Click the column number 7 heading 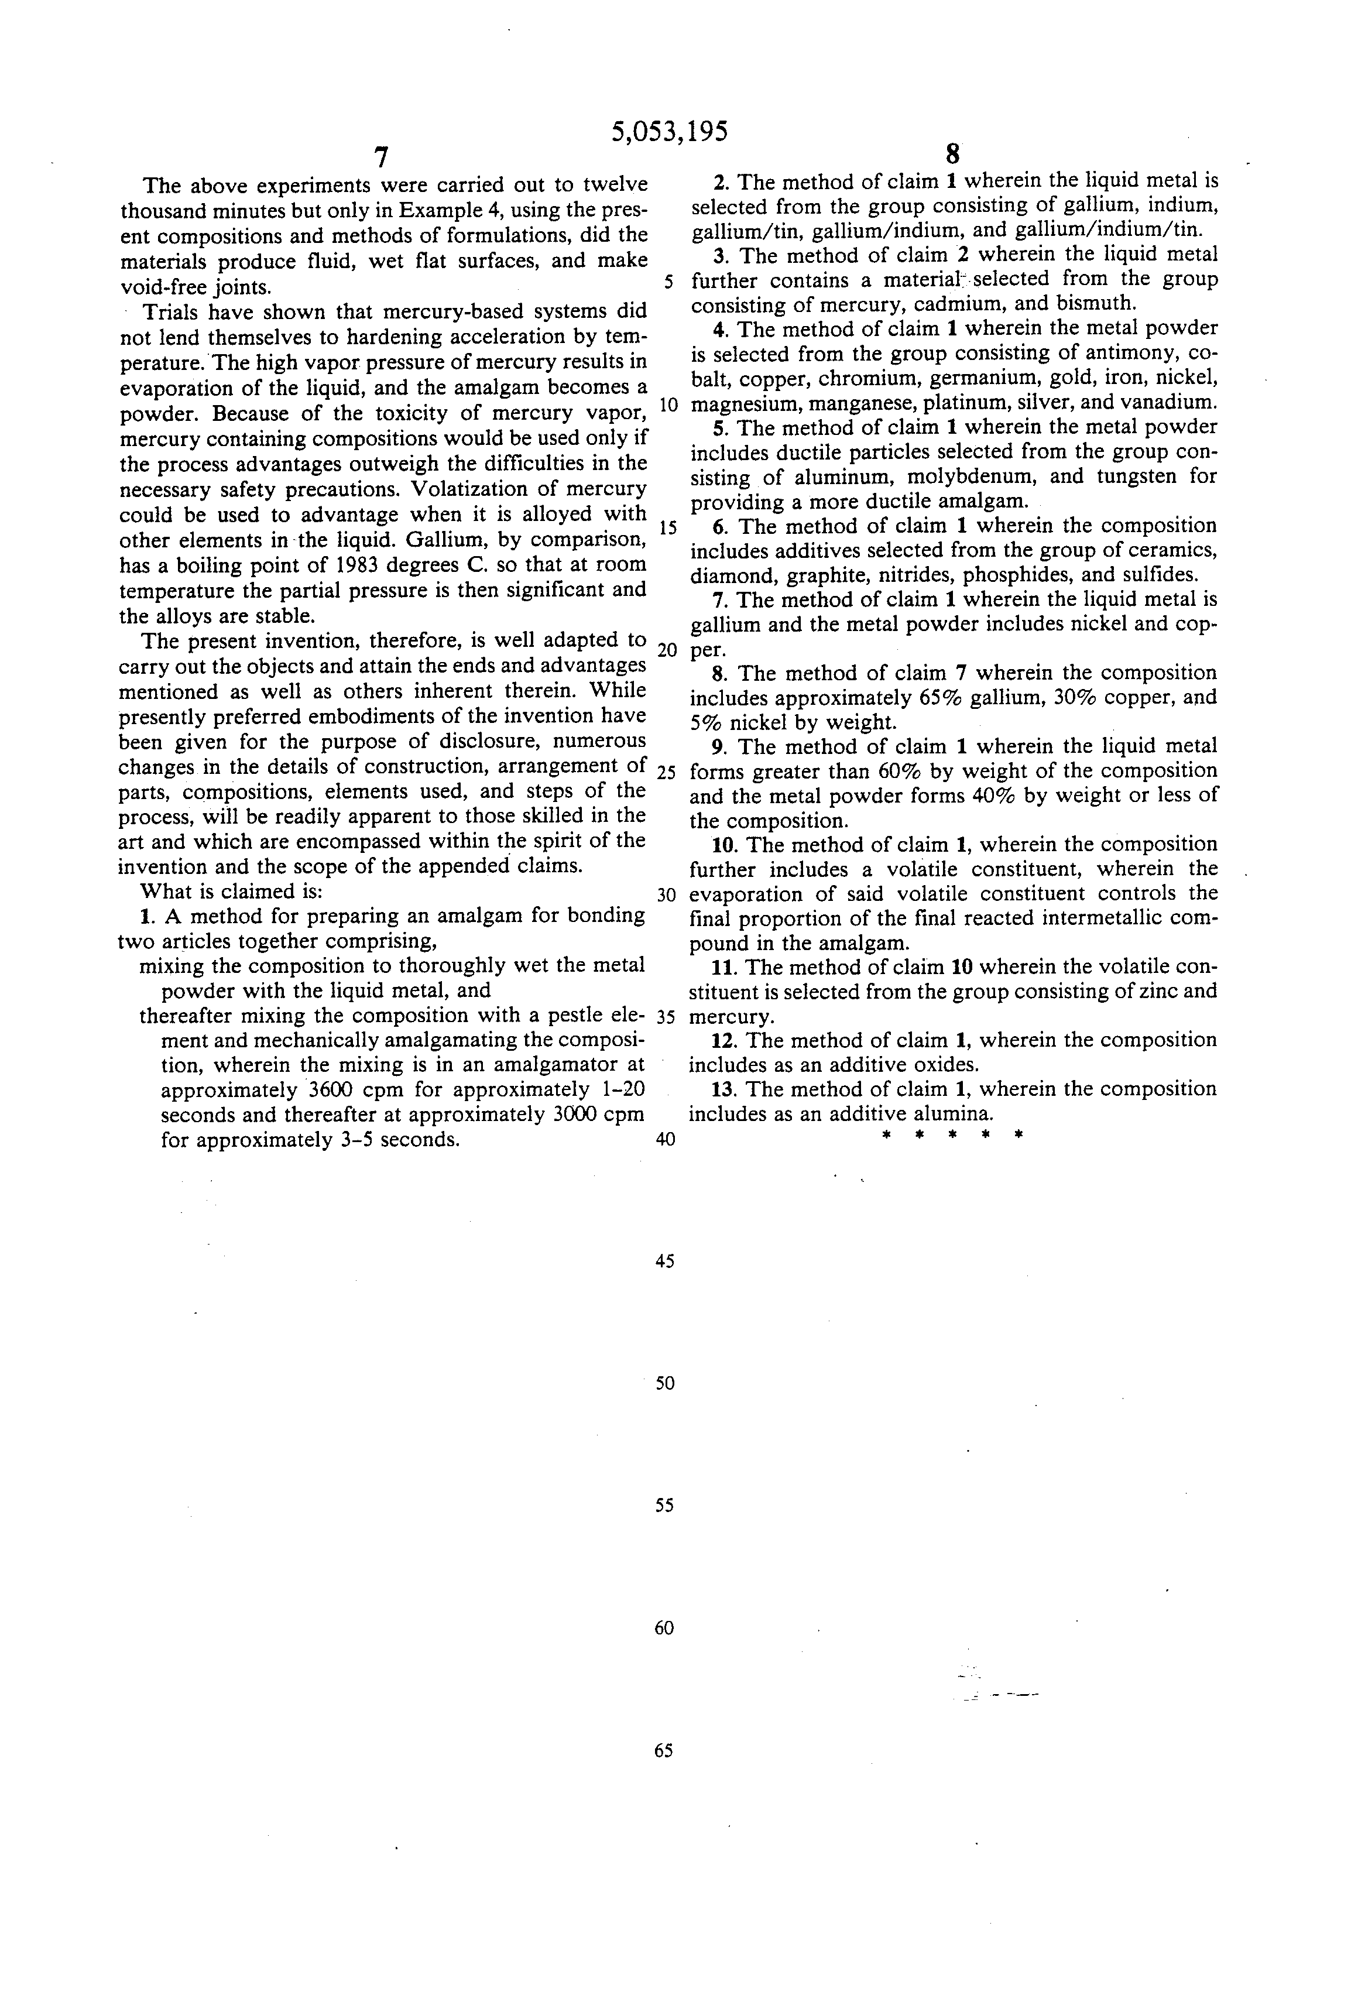[x=381, y=157]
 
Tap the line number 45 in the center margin [x=664, y=1261]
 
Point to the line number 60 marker [x=664, y=1627]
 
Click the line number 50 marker [x=664, y=1383]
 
